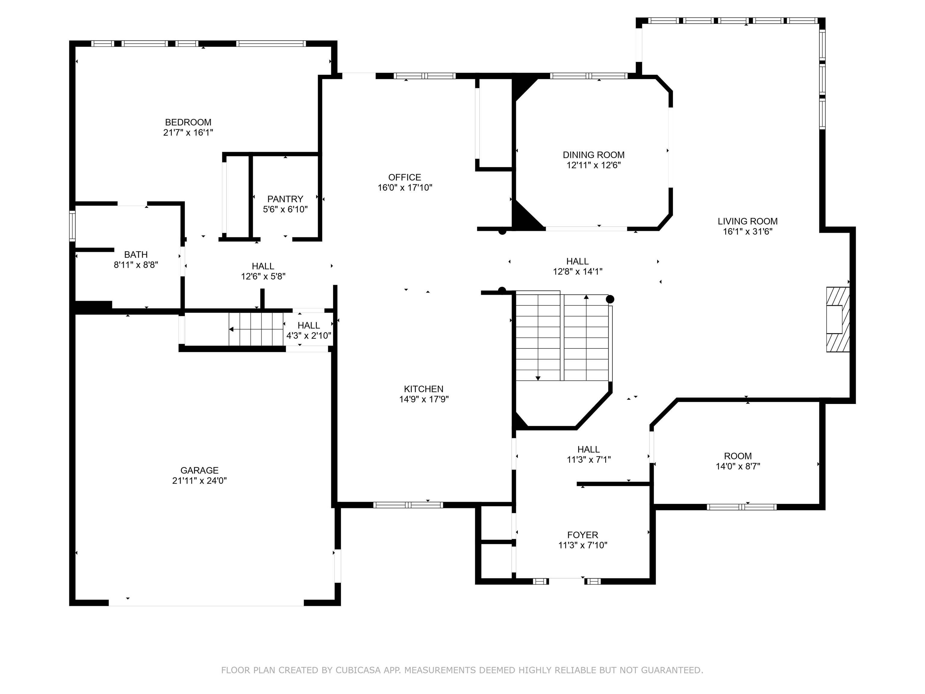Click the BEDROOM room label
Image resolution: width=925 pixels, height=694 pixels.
(x=188, y=122)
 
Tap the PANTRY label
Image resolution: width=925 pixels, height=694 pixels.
(x=285, y=199)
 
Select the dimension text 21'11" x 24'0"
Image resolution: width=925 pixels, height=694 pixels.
(x=199, y=481)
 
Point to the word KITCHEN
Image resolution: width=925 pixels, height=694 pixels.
(x=424, y=389)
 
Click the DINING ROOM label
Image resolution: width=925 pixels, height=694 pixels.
(x=593, y=155)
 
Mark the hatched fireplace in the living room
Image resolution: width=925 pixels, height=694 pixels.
(x=838, y=320)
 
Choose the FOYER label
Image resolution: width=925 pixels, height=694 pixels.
(x=583, y=535)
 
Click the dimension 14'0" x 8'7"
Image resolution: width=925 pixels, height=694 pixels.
(x=738, y=466)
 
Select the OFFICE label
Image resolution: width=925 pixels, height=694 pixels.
(x=405, y=177)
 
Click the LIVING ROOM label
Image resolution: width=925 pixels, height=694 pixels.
(x=748, y=222)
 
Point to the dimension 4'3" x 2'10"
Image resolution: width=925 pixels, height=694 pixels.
(x=309, y=336)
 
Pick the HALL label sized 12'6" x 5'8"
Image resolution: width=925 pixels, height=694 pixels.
(x=263, y=267)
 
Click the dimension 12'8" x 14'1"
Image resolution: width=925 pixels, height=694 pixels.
(x=578, y=271)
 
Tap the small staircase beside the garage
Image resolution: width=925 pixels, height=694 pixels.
(x=256, y=329)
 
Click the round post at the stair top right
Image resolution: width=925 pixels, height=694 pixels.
(x=610, y=299)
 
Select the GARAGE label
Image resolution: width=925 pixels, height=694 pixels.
(x=199, y=470)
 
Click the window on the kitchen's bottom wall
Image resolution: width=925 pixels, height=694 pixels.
(x=408, y=505)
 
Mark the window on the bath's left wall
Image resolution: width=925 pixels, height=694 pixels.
(x=72, y=226)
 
